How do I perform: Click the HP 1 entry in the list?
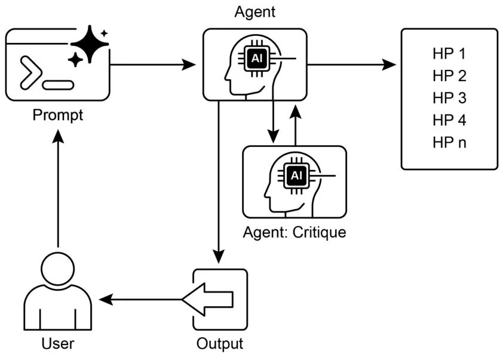[449, 54]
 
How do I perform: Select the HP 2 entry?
[449, 76]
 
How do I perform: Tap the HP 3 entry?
[449, 98]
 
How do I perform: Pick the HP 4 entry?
[449, 120]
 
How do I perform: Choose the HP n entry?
[449, 143]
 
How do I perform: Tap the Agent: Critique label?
[294, 232]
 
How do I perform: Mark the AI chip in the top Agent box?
[256, 59]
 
